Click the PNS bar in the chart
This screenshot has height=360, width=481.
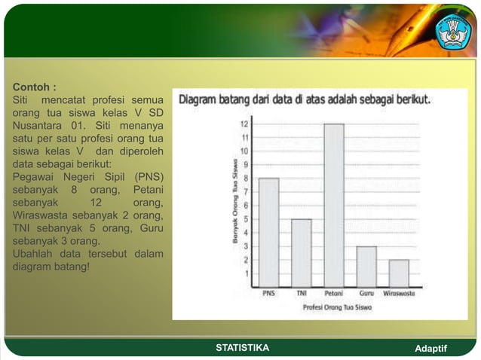[269, 233]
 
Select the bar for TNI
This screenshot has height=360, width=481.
[302, 253]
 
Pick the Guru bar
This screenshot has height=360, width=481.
[366, 267]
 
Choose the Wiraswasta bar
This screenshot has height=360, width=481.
[399, 273]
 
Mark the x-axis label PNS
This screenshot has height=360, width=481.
[268, 294]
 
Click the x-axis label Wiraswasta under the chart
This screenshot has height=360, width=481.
[399, 294]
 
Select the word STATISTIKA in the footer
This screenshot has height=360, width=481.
[242, 348]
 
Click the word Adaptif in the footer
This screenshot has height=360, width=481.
[430, 348]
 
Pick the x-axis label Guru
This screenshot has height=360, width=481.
[366, 294]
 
